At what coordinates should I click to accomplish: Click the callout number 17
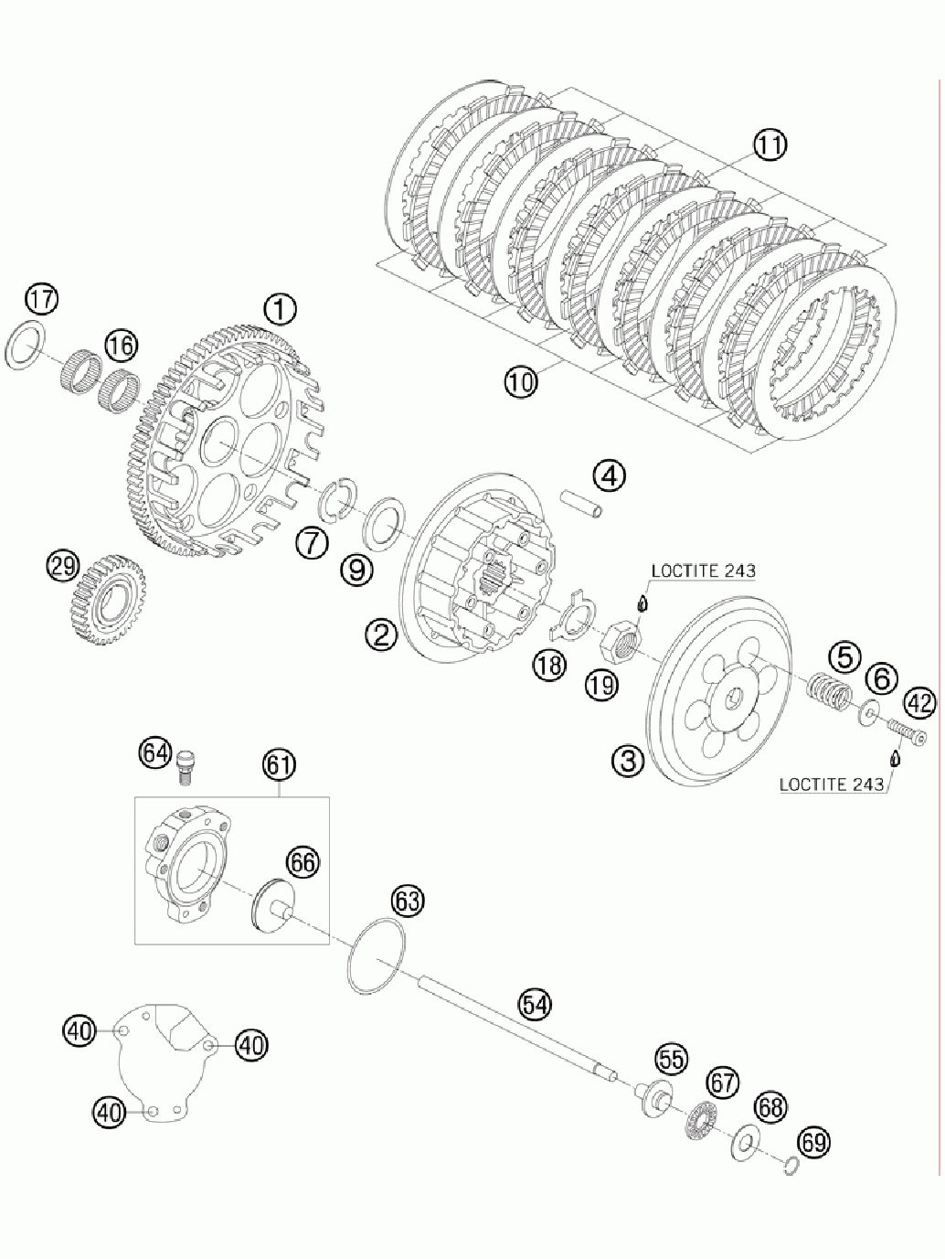pos(40,300)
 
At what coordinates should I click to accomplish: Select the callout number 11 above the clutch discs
pos(770,145)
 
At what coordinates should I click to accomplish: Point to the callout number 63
pos(408,902)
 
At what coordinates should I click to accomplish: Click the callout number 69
pos(815,1142)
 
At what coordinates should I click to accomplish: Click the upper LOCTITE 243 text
pos(703,571)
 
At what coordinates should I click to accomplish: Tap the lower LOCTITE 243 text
pos(831,784)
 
